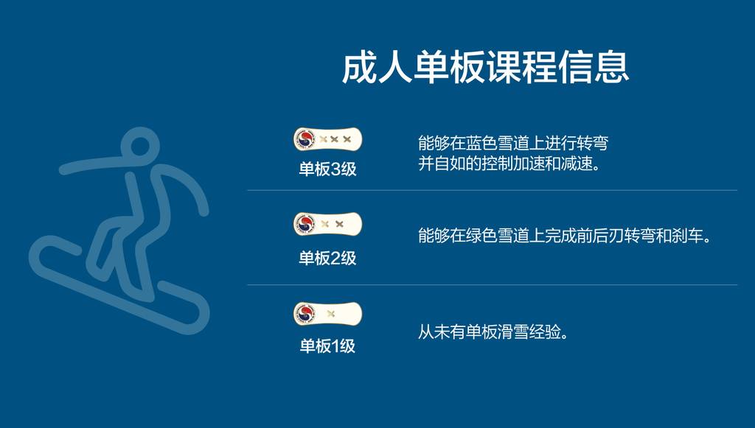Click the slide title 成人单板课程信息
(x=485, y=68)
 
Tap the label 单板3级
(x=327, y=169)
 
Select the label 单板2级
(x=327, y=259)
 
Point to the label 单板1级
(x=327, y=345)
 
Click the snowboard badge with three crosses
(x=327, y=139)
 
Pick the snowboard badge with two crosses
(x=327, y=224)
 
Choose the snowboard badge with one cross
(x=327, y=314)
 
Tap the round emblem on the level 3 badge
(x=305, y=139)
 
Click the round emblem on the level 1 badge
(x=305, y=314)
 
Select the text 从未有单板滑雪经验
(x=492, y=331)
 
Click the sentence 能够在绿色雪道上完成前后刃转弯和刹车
(x=564, y=236)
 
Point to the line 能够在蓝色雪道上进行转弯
(x=513, y=143)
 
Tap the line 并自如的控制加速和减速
(x=509, y=164)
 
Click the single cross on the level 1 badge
(x=331, y=314)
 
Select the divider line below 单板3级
(x=492, y=191)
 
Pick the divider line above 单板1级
(x=492, y=284)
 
